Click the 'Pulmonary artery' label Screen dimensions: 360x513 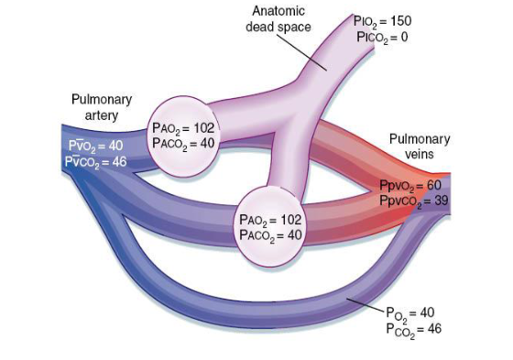pos(102,106)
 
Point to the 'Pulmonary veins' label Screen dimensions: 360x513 pos(420,147)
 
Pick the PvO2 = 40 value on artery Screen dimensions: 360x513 pos(96,146)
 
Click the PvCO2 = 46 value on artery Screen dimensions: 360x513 pos(96,161)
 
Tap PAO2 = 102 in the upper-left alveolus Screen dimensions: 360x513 pos(184,129)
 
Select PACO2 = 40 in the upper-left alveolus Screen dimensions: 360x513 pos(184,143)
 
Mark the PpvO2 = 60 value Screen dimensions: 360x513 pos(410,185)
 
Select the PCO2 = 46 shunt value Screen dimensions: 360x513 pos(414,328)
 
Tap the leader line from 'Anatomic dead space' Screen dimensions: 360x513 pos(310,51)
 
